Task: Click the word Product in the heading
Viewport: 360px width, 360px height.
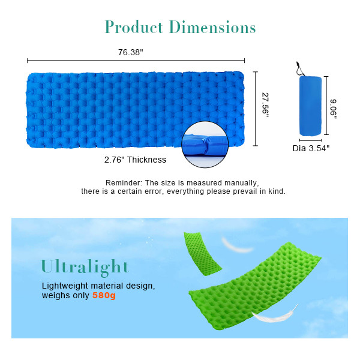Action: tap(134, 28)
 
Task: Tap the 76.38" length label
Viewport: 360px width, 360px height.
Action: tap(130, 52)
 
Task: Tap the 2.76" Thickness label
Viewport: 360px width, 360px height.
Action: tap(135, 160)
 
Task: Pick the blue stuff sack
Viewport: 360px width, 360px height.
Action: tap(310, 106)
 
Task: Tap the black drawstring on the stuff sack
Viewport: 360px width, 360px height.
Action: tap(298, 67)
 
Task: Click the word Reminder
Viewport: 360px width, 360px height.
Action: tap(124, 182)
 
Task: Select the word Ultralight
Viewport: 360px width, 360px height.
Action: tap(85, 266)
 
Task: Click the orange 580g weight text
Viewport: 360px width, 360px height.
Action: tap(104, 296)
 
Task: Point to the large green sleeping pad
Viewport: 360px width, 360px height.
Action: tap(258, 282)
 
